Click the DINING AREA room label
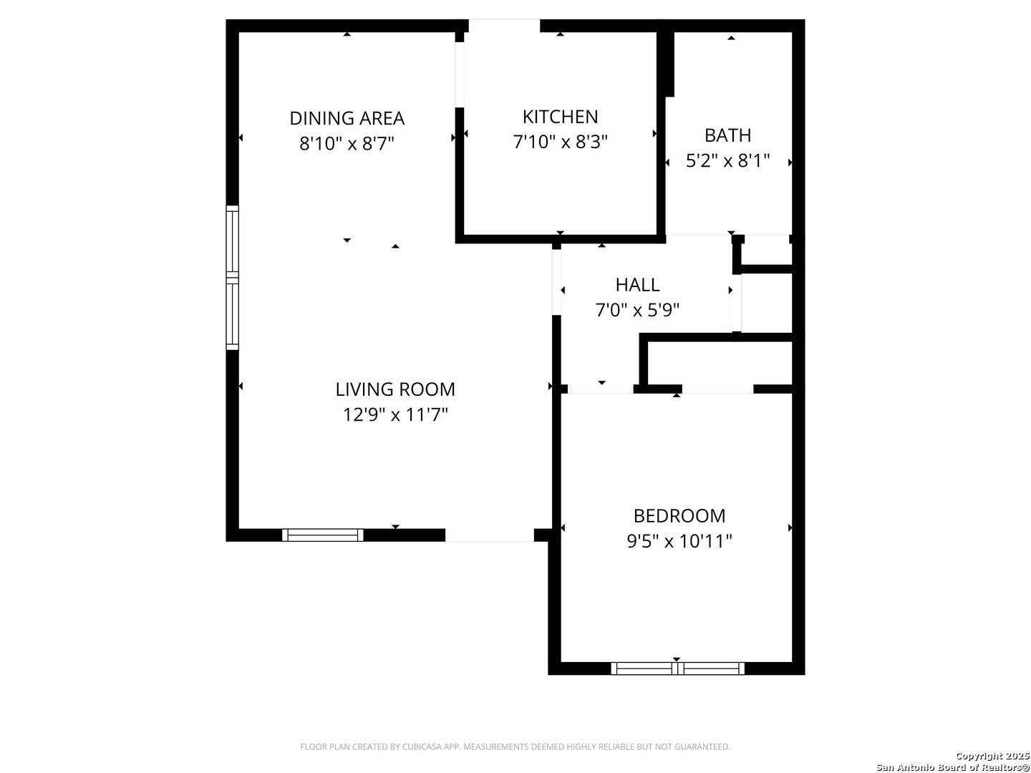[x=347, y=118]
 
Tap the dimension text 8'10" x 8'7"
[x=347, y=144]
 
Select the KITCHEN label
[x=560, y=117]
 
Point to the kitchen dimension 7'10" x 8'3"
[x=560, y=142]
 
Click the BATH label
[x=727, y=135]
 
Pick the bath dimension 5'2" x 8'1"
[x=727, y=160]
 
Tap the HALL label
[x=637, y=285]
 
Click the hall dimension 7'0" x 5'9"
[x=637, y=310]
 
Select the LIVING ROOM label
[x=395, y=389]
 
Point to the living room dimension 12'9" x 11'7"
[x=395, y=414]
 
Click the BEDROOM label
[x=679, y=516]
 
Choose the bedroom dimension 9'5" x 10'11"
[x=679, y=541]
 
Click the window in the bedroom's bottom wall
[x=677, y=669]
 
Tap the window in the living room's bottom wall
[x=323, y=535]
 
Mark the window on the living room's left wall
[x=232, y=277]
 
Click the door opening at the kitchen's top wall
[x=504, y=26]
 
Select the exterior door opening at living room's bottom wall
[x=490, y=535]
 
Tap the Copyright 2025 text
[x=992, y=756]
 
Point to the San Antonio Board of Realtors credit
[x=953, y=767]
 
